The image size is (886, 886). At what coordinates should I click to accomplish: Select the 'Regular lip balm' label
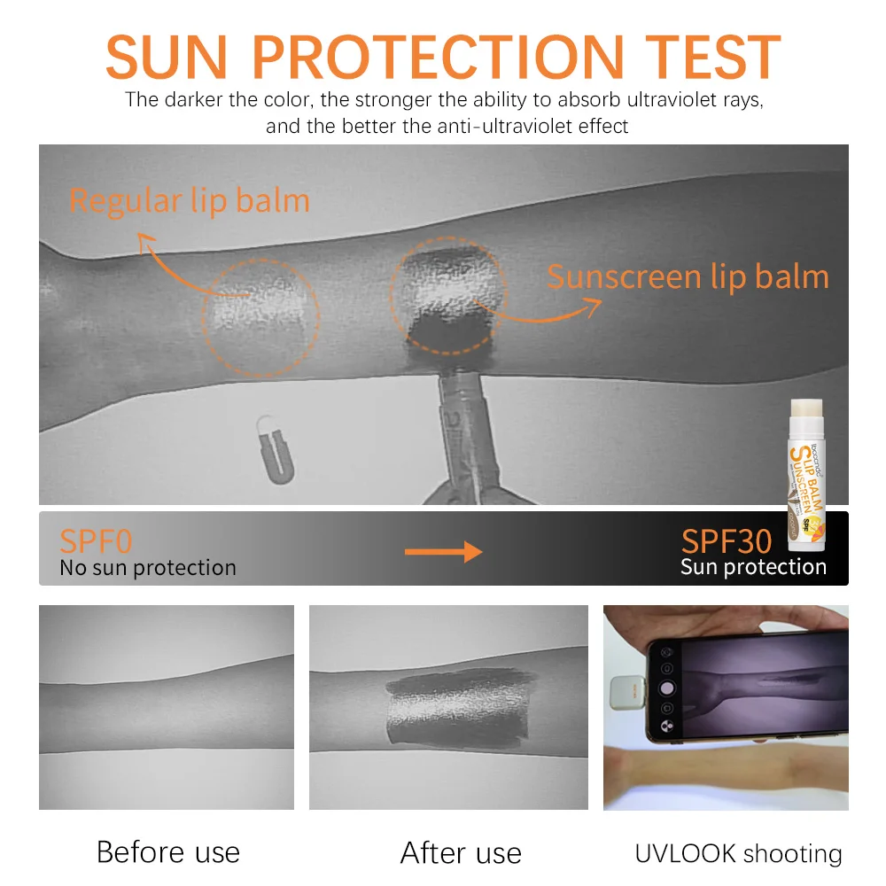pos(190,201)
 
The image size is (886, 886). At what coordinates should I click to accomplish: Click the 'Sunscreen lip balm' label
pos(688,277)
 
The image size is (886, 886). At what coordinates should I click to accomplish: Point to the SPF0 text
pos(96,540)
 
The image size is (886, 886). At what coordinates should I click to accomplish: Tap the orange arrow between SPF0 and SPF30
pos(443,552)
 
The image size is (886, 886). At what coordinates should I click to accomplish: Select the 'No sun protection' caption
pos(148,568)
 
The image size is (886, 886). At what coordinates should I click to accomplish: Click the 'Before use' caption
pos(167,852)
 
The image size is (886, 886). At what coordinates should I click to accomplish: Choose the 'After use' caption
pos(461,853)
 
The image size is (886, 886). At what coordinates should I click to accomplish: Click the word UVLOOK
pos(685,854)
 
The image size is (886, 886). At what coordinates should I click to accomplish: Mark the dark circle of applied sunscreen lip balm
pos(447,292)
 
